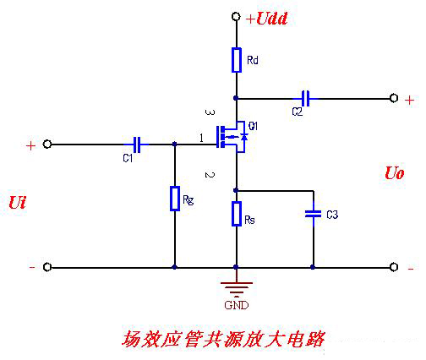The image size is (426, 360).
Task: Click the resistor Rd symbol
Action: click(x=237, y=60)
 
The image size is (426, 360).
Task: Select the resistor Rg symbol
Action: click(x=175, y=199)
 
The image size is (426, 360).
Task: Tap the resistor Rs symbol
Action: click(x=237, y=214)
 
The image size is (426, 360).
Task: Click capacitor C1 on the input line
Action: click(x=136, y=145)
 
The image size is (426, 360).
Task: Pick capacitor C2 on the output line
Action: click(x=306, y=99)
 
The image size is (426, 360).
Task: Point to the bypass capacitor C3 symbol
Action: click(x=314, y=214)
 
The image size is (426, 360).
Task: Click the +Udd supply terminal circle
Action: click(x=236, y=16)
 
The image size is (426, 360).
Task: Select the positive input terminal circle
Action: click(x=47, y=145)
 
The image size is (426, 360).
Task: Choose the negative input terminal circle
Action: click(x=47, y=267)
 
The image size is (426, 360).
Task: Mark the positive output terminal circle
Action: click(x=394, y=98)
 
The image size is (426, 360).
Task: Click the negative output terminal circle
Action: click(x=394, y=267)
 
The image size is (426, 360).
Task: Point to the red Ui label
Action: click(x=18, y=203)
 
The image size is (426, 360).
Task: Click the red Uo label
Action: click(x=395, y=173)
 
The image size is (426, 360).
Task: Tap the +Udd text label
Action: click(x=266, y=19)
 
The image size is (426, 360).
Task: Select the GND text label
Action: click(x=237, y=305)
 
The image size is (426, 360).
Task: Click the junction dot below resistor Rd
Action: click(x=236, y=98)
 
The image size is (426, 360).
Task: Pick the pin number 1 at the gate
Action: click(x=201, y=139)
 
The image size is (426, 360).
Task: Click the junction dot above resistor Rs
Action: click(x=236, y=190)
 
